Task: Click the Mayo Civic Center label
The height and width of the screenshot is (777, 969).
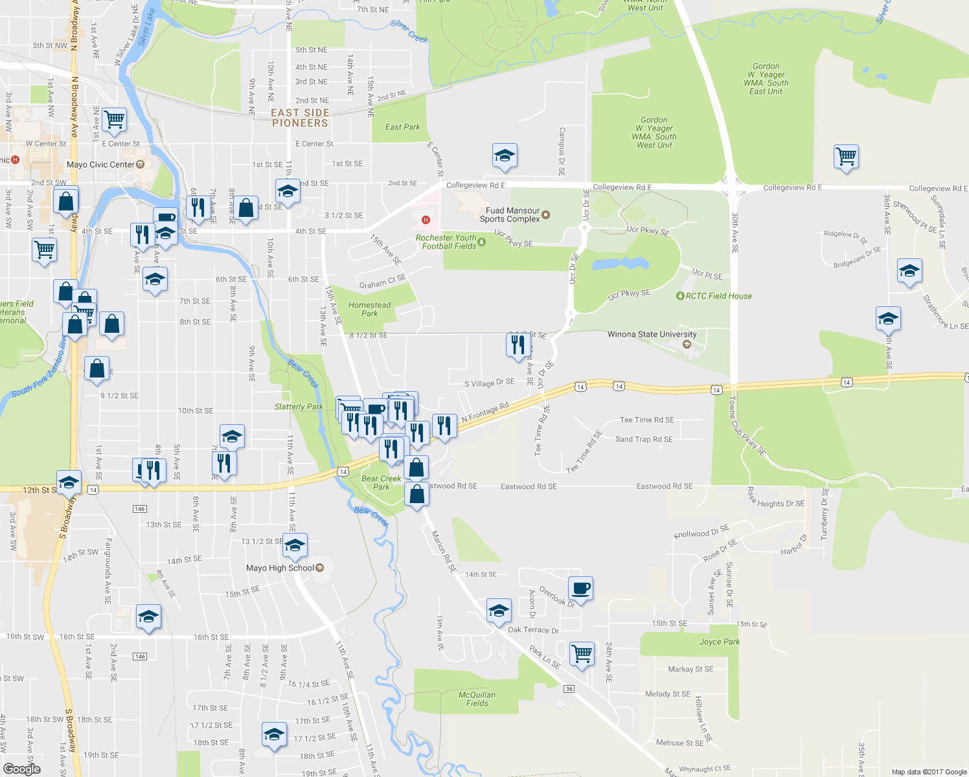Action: coord(100,164)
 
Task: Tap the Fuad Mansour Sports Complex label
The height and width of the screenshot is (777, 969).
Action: coord(512,215)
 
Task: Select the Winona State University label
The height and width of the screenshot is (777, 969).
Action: coord(652,334)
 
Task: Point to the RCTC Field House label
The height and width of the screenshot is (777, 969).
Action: coord(718,296)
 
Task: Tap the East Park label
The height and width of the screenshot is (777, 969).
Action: coord(402,127)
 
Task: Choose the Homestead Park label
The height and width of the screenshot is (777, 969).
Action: coord(369,309)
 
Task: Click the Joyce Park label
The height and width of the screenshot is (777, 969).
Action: coord(719,642)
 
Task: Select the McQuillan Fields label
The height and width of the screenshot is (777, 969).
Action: coord(477,699)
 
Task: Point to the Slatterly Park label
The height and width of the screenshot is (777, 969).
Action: coord(299,407)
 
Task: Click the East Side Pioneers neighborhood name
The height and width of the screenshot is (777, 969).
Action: coord(300,118)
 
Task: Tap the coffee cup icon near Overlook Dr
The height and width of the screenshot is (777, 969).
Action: coord(580,589)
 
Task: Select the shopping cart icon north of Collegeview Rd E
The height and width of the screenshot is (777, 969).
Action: coord(846,156)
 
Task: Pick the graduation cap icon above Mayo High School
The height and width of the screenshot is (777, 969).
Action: coord(295,545)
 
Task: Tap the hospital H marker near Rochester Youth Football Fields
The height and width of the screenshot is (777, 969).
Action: coord(426,220)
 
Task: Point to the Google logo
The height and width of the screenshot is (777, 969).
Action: coord(21,769)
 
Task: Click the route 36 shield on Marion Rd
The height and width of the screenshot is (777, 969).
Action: coord(569,688)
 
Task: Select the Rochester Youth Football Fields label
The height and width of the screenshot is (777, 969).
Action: coord(446,242)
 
